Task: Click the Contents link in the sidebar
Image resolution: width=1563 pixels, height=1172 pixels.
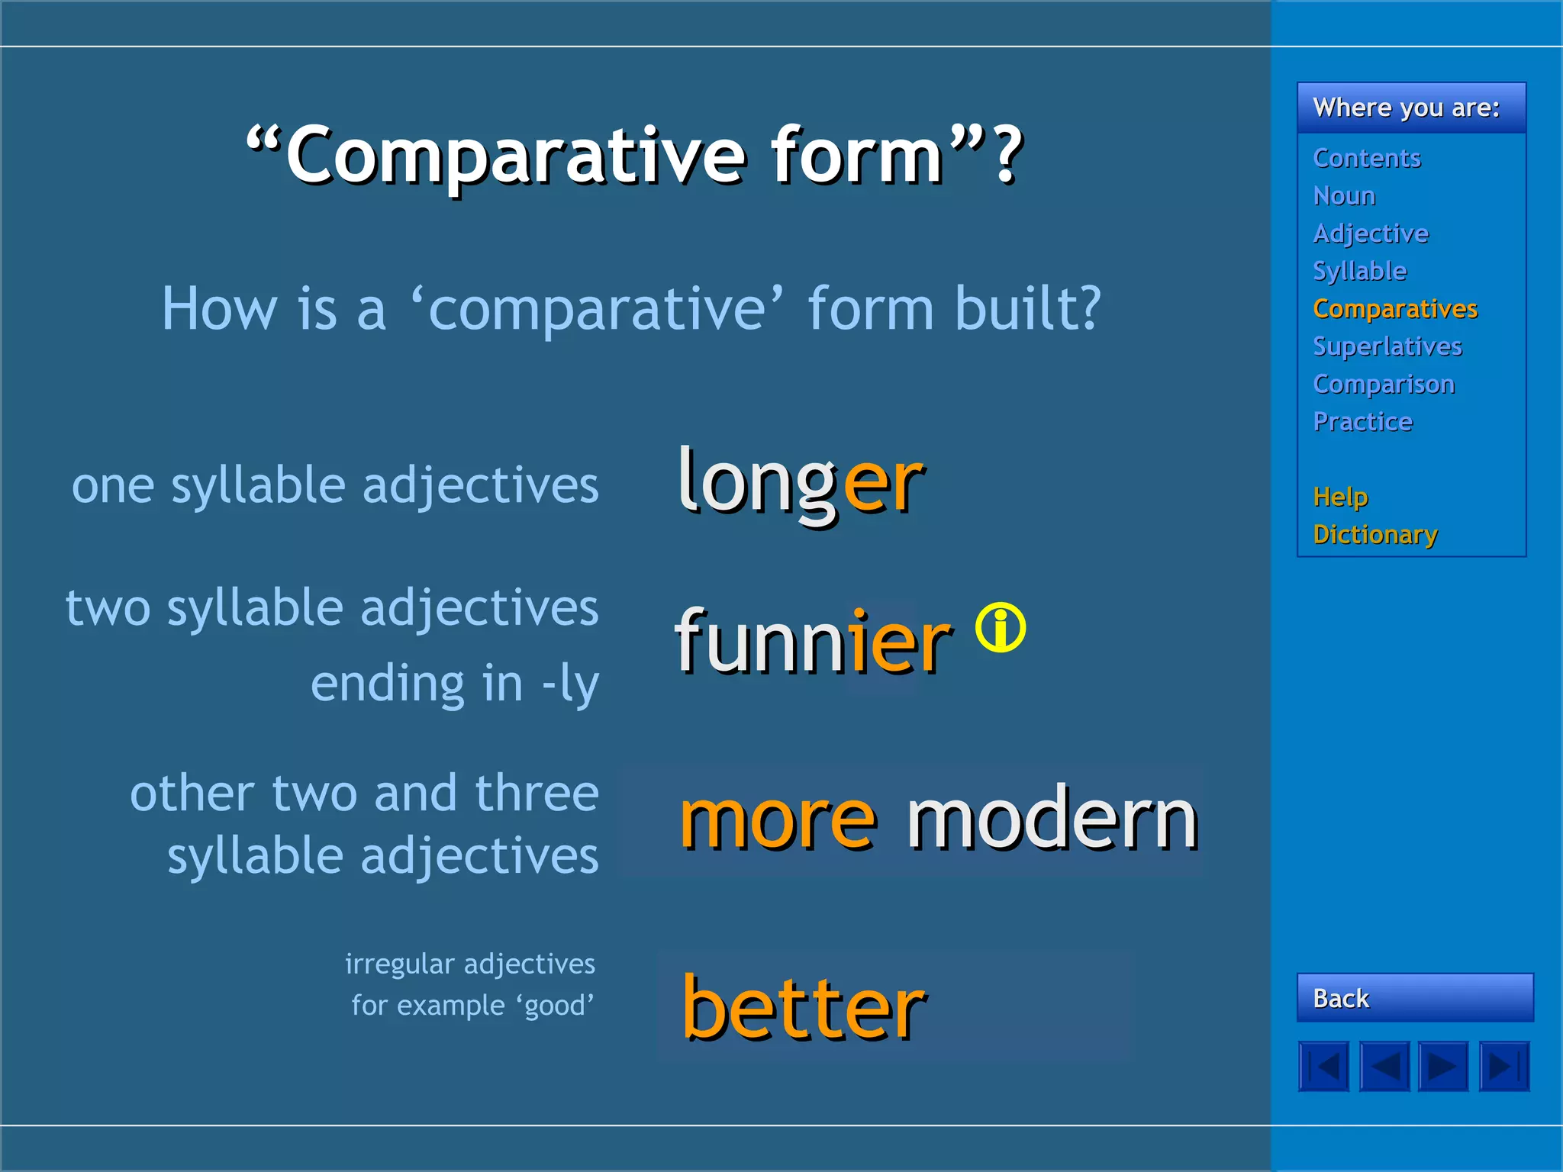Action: (1366, 158)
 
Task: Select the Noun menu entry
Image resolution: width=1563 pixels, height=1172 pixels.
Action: (1344, 196)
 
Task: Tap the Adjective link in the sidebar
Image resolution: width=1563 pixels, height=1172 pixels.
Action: (1371, 233)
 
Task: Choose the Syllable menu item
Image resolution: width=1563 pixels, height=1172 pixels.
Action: (1359, 271)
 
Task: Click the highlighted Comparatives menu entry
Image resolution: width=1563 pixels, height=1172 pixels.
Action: (1395, 309)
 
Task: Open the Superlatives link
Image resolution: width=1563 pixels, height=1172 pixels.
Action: (1387, 346)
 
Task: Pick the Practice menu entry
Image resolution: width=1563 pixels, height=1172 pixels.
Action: (1362, 422)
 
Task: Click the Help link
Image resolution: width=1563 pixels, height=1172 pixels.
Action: (1340, 497)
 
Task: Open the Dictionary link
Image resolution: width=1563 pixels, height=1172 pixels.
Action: (1375, 534)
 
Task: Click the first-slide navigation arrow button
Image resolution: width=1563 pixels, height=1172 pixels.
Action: (1323, 1066)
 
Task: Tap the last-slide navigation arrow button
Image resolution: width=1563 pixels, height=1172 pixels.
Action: (1503, 1066)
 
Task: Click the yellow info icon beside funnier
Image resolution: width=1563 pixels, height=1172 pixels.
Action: (1001, 627)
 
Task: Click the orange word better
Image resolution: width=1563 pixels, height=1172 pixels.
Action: (804, 1009)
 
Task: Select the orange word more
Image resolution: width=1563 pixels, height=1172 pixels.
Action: (778, 820)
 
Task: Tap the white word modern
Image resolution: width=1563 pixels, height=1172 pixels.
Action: (1052, 820)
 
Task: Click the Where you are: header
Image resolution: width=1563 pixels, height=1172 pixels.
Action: (1406, 108)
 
